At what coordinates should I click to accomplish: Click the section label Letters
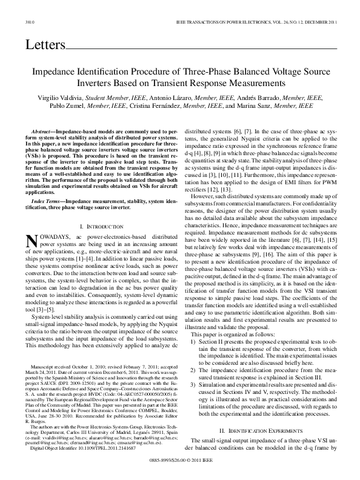44,45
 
